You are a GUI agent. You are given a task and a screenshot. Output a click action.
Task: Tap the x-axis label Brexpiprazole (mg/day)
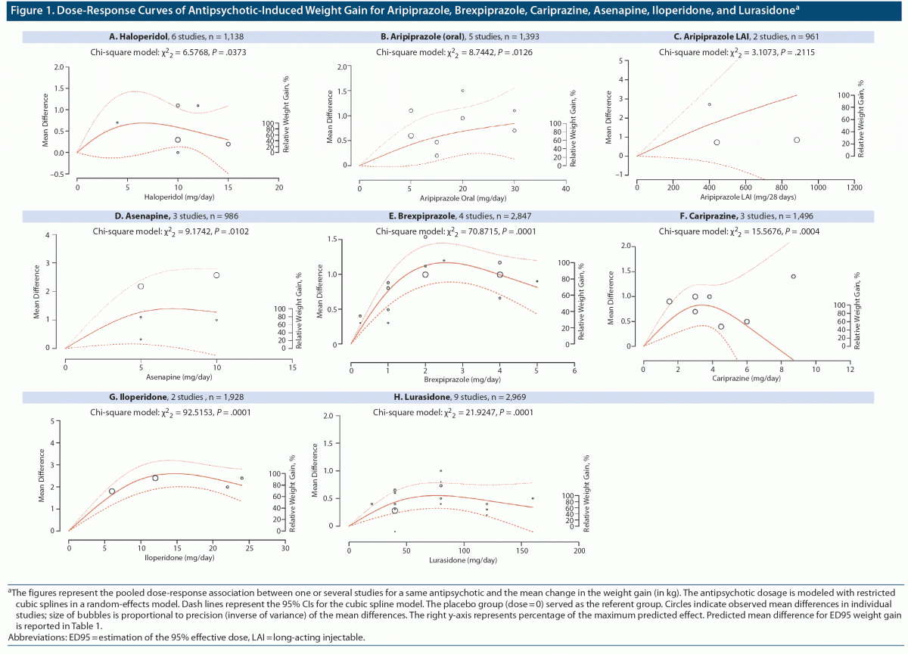(x=462, y=380)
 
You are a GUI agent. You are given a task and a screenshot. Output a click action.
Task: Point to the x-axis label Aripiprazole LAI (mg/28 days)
(x=745, y=197)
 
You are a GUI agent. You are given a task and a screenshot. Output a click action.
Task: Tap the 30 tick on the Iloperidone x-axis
(x=285, y=547)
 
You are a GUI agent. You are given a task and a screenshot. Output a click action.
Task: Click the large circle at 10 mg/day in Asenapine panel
(x=216, y=275)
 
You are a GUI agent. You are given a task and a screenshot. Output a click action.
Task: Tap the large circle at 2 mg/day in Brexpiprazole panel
(x=425, y=274)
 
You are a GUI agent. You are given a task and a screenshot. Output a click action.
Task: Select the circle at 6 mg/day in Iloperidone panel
(x=112, y=491)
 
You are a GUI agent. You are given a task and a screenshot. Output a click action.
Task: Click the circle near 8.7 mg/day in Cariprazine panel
(x=793, y=276)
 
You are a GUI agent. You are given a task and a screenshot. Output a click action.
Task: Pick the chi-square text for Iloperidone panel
(x=170, y=412)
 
